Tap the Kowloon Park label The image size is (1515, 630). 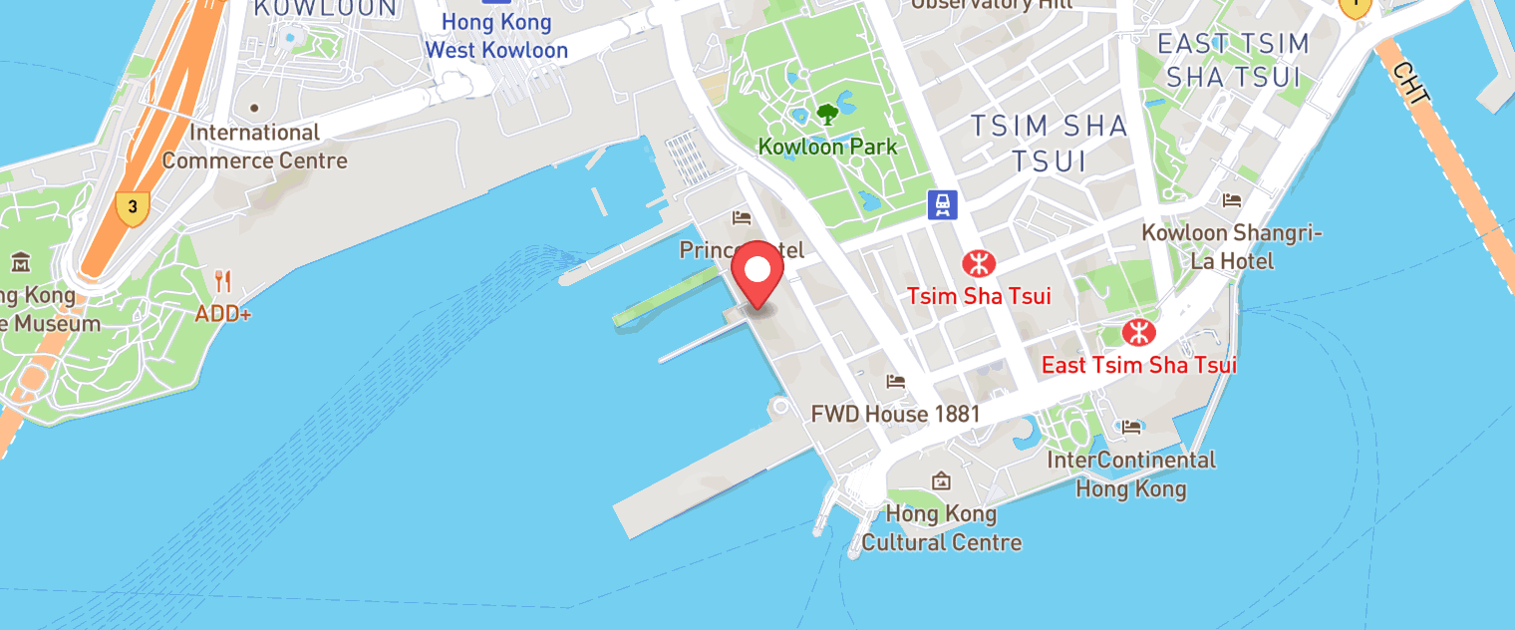(x=827, y=147)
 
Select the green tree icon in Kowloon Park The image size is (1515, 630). (x=827, y=114)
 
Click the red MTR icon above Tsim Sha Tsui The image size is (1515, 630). (x=978, y=264)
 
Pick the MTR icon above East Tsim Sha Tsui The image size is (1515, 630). (x=1135, y=333)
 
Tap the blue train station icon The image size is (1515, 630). (x=942, y=205)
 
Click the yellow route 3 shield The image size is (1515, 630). (x=132, y=208)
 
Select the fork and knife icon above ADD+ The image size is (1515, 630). (x=223, y=281)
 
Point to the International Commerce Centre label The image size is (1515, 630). (x=254, y=147)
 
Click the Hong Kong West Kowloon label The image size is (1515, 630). (x=496, y=36)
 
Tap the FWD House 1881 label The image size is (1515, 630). (x=895, y=414)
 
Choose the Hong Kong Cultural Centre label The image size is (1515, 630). (x=941, y=528)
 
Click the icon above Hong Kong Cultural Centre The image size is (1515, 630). (x=941, y=482)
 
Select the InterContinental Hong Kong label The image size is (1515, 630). (x=1131, y=474)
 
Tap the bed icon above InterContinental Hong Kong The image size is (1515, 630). (x=1131, y=428)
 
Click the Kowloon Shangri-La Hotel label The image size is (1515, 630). (x=1232, y=246)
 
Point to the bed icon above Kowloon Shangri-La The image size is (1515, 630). (x=1232, y=200)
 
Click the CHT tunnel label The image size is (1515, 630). (x=1412, y=85)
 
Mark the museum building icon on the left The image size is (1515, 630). (x=21, y=263)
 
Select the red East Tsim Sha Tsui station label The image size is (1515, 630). (x=1138, y=365)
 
